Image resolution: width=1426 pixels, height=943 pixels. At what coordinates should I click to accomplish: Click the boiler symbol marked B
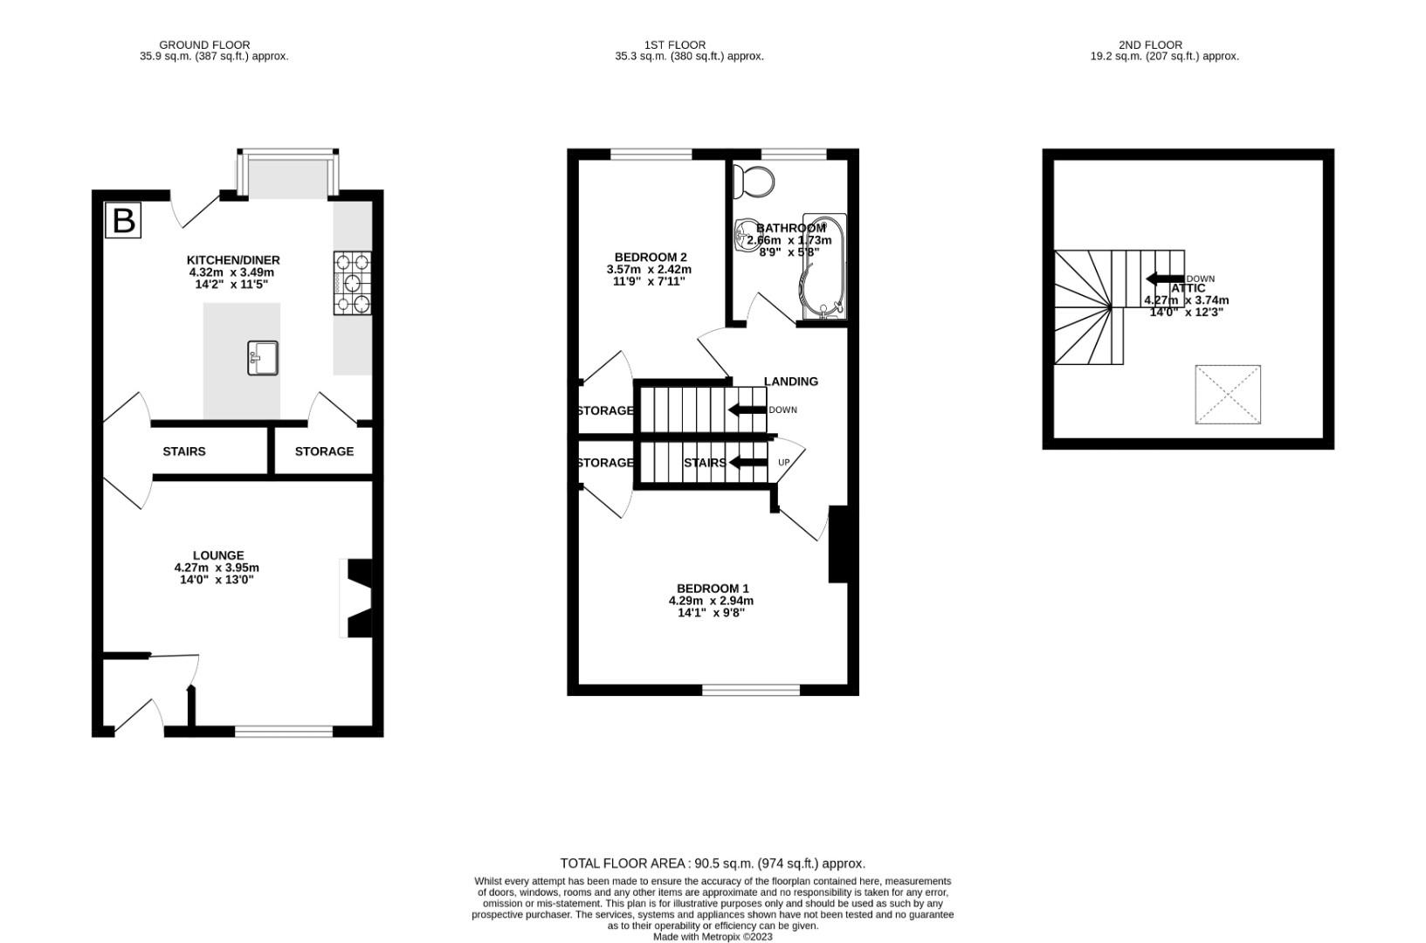[x=123, y=220]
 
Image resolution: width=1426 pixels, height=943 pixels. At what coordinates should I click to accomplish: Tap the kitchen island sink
[x=263, y=357]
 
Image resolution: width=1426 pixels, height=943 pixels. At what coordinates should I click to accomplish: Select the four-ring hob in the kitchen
[x=352, y=282]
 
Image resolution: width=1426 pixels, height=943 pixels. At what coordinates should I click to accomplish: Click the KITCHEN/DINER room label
[x=233, y=260]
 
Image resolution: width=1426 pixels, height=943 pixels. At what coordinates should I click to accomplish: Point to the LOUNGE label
[x=218, y=555]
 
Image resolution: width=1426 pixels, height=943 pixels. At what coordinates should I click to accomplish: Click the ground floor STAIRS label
[x=184, y=451]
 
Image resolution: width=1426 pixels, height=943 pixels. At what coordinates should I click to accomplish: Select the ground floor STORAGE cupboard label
[x=324, y=451]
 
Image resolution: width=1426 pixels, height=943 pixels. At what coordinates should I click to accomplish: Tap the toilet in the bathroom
[x=754, y=182]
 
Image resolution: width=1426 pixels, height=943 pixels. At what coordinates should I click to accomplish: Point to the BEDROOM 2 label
[x=651, y=257]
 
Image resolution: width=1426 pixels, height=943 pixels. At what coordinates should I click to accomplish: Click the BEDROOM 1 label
[x=713, y=589]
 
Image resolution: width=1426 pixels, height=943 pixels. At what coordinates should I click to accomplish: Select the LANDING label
[x=791, y=382]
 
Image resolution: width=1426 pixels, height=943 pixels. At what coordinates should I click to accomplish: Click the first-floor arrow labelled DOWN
[x=747, y=410]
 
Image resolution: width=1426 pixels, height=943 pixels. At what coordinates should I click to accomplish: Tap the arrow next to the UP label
[x=747, y=462]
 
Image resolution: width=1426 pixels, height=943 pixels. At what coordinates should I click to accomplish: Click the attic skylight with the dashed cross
[x=1228, y=395]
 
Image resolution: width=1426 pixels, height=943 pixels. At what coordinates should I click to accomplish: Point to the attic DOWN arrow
[x=1165, y=279]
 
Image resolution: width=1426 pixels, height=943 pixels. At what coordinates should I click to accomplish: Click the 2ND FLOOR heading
[x=1150, y=45]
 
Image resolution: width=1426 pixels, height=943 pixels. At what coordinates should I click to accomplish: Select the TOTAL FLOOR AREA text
[x=713, y=864]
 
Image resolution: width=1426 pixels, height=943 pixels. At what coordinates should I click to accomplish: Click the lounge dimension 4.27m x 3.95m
[x=217, y=568]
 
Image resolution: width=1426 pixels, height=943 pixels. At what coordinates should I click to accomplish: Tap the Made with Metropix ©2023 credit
[x=713, y=937]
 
